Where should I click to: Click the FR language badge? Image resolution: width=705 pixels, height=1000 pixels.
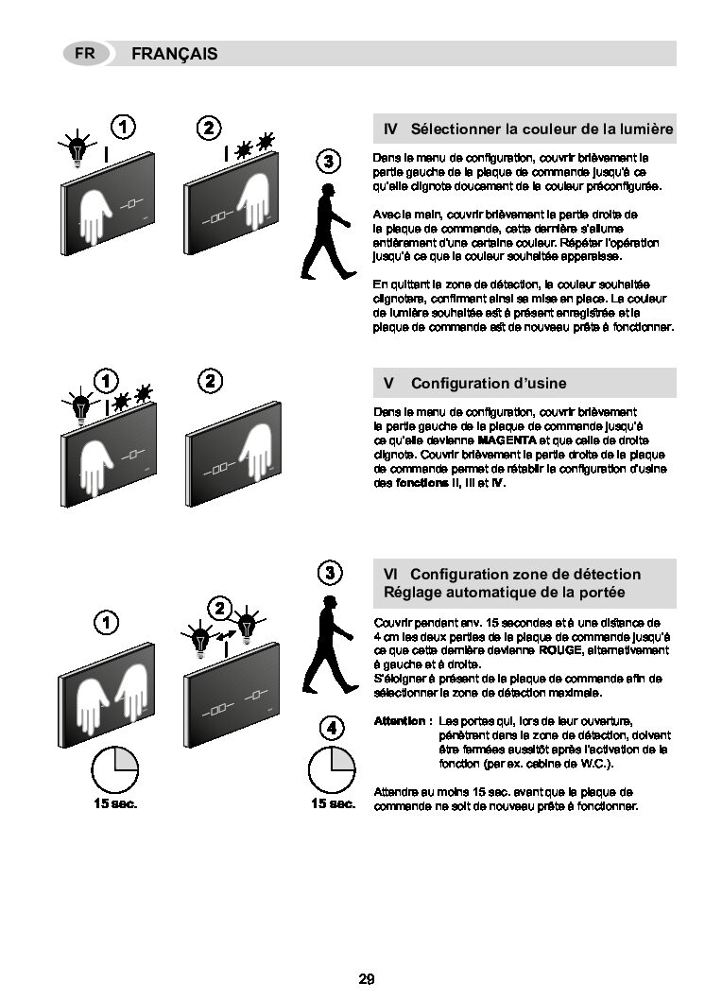click(85, 54)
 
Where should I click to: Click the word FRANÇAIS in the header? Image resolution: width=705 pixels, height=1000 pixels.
click(175, 54)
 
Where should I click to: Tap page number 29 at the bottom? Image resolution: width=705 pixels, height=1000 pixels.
click(367, 979)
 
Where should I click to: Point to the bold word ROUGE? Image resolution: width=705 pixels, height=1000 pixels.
click(560, 650)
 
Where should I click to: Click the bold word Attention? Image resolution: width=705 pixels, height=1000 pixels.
click(400, 721)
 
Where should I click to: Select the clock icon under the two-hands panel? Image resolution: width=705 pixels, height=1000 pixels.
click(114, 769)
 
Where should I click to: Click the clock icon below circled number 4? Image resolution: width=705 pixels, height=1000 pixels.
click(332, 769)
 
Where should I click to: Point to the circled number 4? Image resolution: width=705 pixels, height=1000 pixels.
click(332, 729)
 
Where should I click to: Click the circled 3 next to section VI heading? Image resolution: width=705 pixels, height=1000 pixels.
click(330, 573)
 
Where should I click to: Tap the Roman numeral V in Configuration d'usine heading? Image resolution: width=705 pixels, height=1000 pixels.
click(388, 384)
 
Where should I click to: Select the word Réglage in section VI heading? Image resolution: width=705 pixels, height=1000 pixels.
click(410, 594)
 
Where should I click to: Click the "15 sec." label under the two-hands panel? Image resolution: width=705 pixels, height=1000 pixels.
click(115, 804)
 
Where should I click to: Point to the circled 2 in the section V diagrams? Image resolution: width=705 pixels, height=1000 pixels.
click(211, 381)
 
